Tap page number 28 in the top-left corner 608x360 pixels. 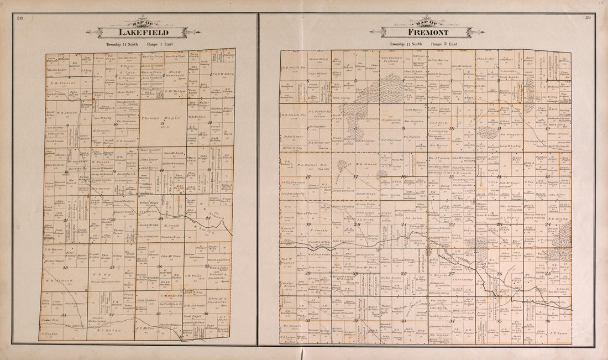point(19,19)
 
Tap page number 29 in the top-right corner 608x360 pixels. point(588,19)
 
